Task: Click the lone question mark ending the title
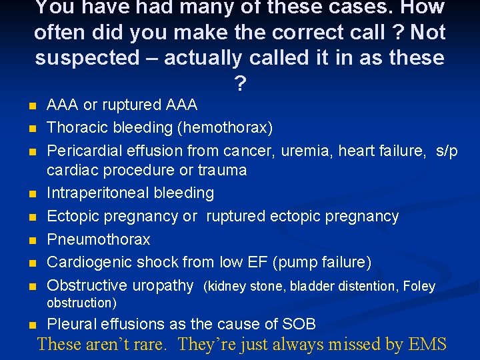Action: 239,83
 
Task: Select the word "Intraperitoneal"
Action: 98,193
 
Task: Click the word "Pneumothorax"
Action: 99,239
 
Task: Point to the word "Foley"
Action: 419,287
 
